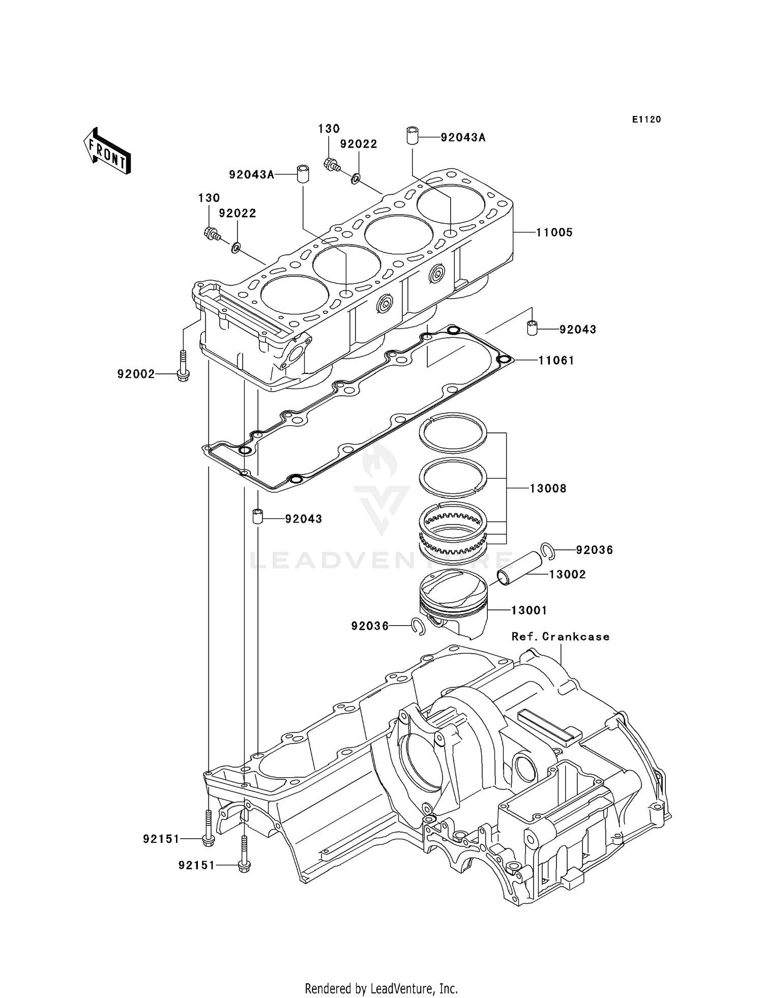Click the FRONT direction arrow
click(107, 152)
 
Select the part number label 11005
click(554, 232)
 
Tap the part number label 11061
click(556, 361)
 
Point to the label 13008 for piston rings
click(548, 488)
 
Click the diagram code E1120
click(647, 120)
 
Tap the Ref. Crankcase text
click(560, 637)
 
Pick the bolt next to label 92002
click(183, 366)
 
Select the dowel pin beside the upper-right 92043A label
click(413, 137)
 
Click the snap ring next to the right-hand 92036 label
click(547, 551)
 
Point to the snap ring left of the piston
click(418, 627)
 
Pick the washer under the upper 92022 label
click(356, 178)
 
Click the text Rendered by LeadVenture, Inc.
click(381, 988)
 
